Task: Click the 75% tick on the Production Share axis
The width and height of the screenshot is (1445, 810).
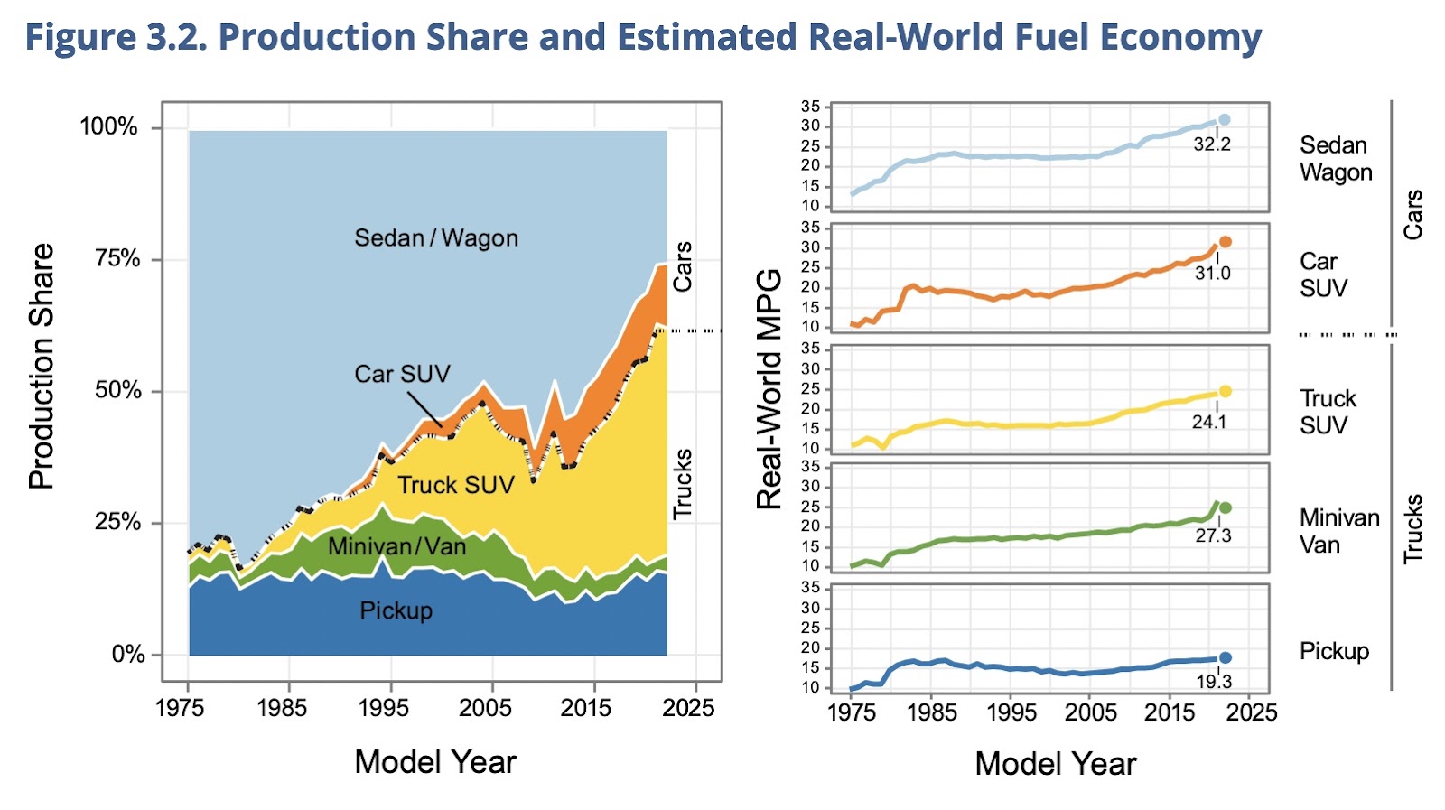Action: click(x=117, y=259)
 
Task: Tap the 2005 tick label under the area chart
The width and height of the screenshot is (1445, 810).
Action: click(x=485, y=707)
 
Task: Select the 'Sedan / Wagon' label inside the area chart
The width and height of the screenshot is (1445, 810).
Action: click(x=436, y=238)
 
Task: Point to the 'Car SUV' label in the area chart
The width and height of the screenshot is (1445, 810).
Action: click(x=402, y=374)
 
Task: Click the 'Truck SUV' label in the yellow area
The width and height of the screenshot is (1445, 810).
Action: click(x=456, y=486)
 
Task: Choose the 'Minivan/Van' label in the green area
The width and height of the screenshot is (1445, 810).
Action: click(x=397, y=546)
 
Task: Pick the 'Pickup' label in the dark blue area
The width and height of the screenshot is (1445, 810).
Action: click(x=396, y=610)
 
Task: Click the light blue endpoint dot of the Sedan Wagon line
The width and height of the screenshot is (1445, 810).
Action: click(x=1225, y=119)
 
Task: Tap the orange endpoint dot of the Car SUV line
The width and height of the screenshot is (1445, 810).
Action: click(x=1226, y=242)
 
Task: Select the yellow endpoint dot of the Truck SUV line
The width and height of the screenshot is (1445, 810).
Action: click(x=1226, y=391)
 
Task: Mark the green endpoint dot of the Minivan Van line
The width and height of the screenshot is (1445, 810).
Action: click(x=1226, y=507)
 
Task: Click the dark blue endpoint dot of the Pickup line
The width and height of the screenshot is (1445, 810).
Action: click(x=1226, y=657)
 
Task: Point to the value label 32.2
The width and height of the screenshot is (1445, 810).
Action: click(x=1212, y=144)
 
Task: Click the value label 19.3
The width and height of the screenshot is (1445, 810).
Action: click(x=1214, y=682)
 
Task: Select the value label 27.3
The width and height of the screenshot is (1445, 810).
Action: click(x=1213, y=535)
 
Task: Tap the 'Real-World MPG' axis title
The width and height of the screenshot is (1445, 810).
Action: click(x=769, y=389)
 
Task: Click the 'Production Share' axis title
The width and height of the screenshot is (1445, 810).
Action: click(x=42, y=367)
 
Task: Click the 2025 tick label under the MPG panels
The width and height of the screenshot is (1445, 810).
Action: click(x=1252, y=712)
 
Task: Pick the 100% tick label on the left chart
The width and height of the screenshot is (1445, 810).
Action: click(x=108, y=126)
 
